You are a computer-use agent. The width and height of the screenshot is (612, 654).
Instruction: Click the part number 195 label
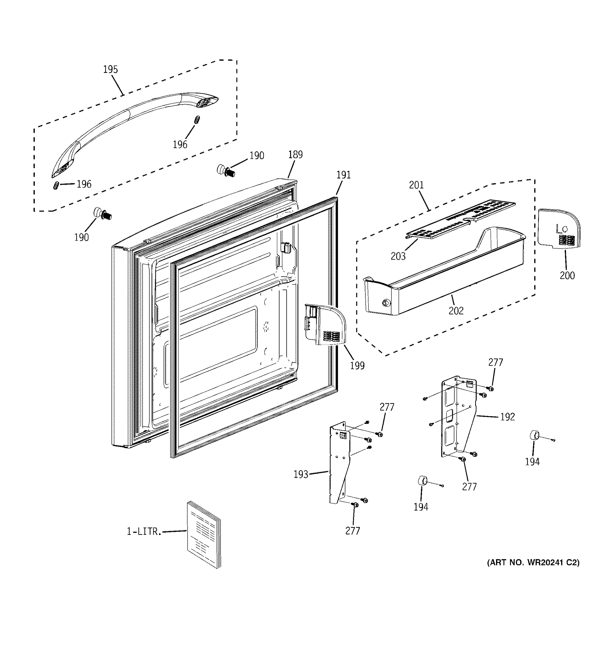pos(110,69)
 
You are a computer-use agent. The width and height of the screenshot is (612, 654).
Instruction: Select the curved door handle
pos(131,122)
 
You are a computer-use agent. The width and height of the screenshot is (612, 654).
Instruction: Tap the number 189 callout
pos(295,154)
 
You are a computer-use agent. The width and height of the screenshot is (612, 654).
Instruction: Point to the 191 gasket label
pos(343,175)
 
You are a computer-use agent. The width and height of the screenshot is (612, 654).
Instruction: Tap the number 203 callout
pos(398,256)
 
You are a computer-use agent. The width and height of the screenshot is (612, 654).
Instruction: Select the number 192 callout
pos(507,417)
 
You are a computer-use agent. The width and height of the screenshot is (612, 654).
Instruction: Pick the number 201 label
pos(416,185)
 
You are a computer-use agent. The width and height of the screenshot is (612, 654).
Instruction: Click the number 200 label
pos(567,275)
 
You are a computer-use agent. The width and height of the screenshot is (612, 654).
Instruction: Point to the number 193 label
pos(301,474)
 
